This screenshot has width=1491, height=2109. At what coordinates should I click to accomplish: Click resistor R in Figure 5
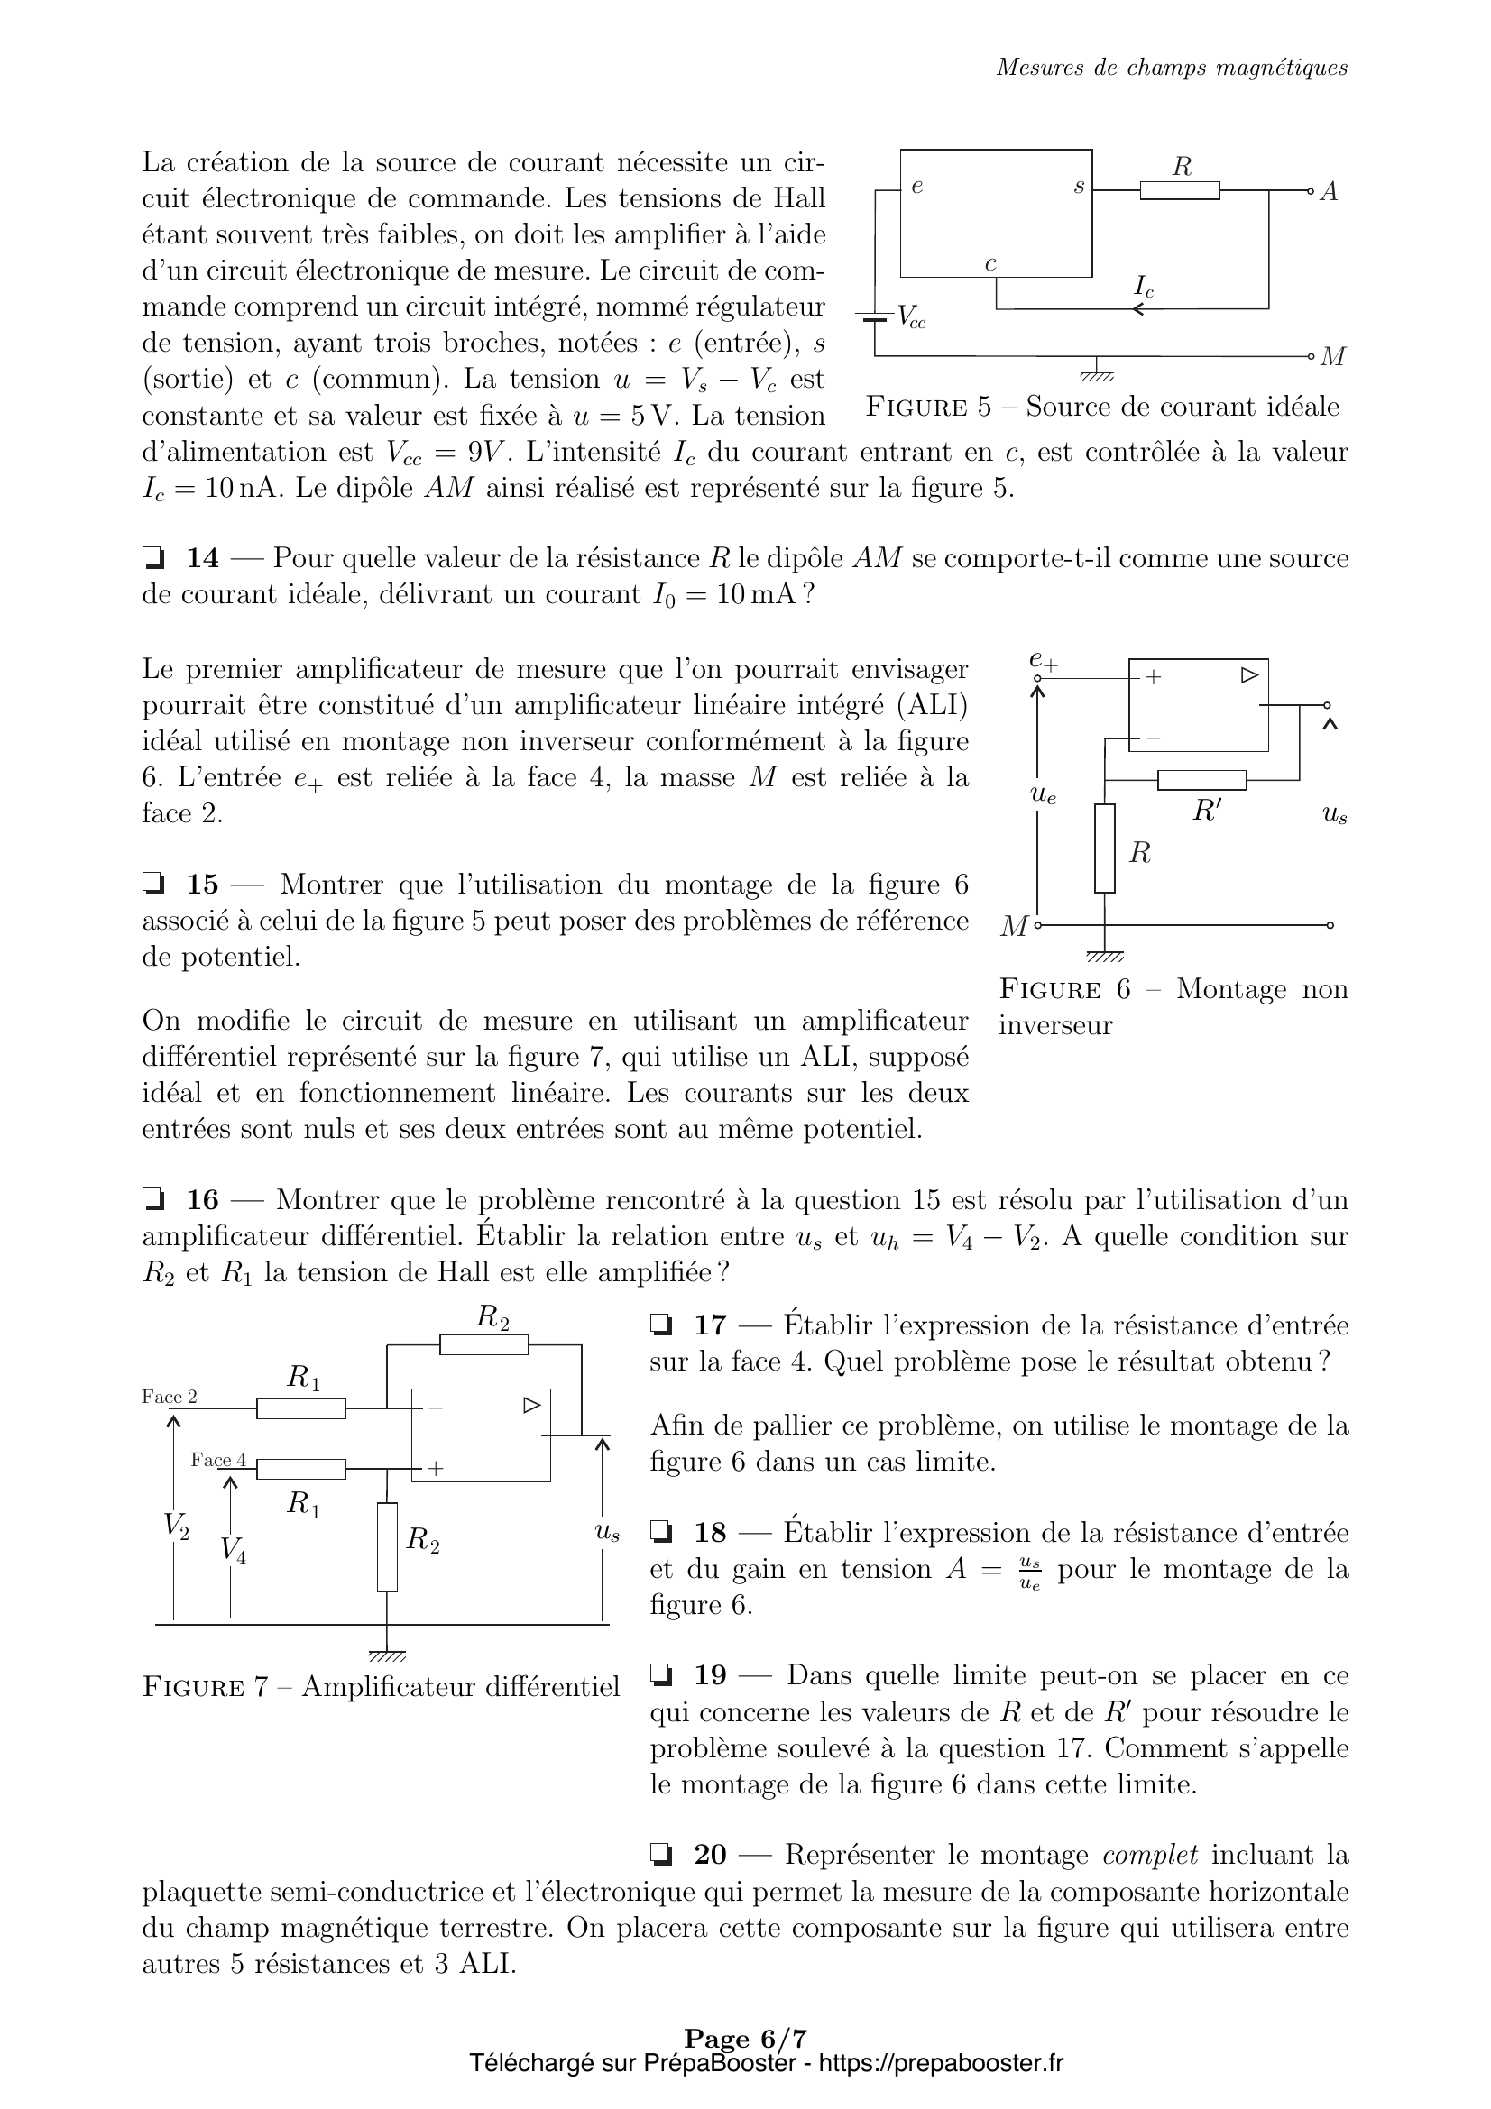[x=1180, y=190]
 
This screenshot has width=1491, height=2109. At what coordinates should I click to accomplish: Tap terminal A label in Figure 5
[x=1329, y=192]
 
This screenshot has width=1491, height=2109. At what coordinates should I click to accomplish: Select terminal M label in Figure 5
[x=1332, y=357]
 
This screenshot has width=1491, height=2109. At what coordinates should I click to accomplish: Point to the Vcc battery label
[x=911, y=316]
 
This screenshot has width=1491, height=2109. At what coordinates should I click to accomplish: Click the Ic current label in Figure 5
[x=1144, y=287]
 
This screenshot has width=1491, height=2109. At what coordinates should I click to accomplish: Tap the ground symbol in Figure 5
[x=1097, y=372]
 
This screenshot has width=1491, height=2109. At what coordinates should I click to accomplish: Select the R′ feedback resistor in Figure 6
[x=1201, y=780]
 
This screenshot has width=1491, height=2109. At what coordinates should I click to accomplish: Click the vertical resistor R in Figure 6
[x=1104, y=848]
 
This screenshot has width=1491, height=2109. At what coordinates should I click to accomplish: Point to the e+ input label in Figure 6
[x=1043, y=659]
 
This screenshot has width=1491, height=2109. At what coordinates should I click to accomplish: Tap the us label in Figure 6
[x=1334, y=813]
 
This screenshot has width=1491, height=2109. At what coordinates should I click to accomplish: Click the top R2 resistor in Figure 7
[x=484, y=1344]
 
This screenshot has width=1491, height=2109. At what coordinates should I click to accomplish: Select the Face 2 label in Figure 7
[x=169, y=1396]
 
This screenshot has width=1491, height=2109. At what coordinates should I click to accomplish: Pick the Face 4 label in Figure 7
[x=218, y=1460]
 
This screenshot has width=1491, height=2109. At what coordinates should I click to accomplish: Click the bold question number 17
[x=710, y=1325]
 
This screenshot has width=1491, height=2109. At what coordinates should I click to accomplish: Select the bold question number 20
[x=710, y=1855]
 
